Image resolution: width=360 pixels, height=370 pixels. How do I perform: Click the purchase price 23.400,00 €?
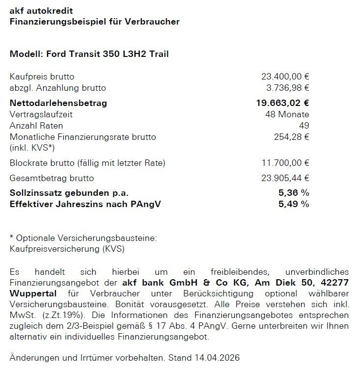point(285,77)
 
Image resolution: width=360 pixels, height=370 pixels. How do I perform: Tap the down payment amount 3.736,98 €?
point(287,88)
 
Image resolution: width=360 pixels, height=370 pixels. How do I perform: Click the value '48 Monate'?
point(287,114)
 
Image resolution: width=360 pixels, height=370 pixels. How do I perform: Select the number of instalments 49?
point(304,126)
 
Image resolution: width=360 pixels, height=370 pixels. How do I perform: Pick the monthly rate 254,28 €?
point(292,137)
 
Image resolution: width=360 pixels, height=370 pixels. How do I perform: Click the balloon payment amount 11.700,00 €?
point(285,163)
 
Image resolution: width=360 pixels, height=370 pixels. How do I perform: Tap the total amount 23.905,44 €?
point(285,178)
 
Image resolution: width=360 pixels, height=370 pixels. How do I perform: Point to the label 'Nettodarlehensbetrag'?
point(58,103)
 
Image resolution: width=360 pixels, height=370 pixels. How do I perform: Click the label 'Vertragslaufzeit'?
point(41,114)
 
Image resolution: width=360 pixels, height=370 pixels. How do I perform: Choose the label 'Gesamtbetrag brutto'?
point(52,178)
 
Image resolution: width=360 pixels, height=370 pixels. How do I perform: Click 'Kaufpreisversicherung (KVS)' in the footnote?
point(67,249)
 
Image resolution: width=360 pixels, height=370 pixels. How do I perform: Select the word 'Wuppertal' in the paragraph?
point(33,293)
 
